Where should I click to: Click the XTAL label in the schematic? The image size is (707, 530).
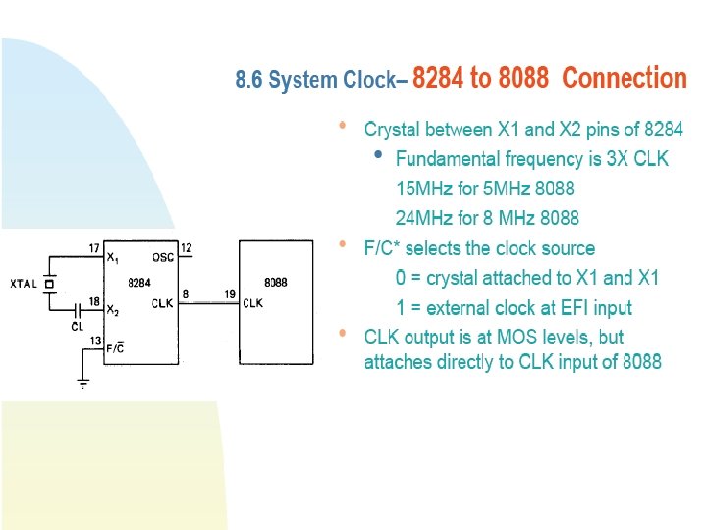click(x=24, y=284)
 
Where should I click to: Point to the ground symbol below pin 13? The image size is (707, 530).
click(x=83, y=382)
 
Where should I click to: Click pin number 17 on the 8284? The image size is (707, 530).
click(x=94, y=249)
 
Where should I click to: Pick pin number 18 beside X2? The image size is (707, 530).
click(x=94, y=301)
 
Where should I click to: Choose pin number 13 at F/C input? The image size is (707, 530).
click(x=94, y=340)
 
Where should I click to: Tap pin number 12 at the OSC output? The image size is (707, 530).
click(x=187, y=247)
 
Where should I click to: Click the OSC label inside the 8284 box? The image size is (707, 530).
click(x=163, y=258)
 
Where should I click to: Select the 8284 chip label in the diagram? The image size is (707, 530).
click(x=139, y=282)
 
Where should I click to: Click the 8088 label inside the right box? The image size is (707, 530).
click(x=276, y=282)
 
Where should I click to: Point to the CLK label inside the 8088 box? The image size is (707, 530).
click(x=253, y=303)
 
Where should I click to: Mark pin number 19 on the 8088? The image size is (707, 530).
click(x=229, y=293)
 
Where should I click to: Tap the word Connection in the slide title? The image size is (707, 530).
click(x=624, y=79)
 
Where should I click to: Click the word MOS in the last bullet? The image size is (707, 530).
click(x=513, y=337)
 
